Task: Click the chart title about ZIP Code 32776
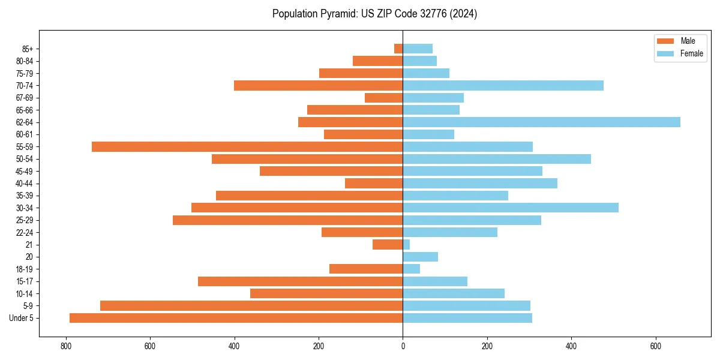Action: point(374,14)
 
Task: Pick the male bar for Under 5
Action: point(236,318)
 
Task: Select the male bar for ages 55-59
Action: point(247,147)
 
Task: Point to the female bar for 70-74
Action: point(503,86)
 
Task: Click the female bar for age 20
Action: point(420,257)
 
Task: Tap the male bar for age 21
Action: point(388,245)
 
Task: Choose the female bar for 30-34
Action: point(511,208)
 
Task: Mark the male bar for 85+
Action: point(398,49)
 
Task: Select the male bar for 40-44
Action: point(374,184)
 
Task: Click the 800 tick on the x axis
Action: point(65,346)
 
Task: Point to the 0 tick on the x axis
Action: point(403,346)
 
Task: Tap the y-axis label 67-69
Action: point(25,98)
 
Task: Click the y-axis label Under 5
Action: point(22,318)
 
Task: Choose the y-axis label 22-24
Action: point(25,233)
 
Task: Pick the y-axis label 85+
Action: point(28,49)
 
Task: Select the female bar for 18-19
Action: point(411,269)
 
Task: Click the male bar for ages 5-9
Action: point(251,306)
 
